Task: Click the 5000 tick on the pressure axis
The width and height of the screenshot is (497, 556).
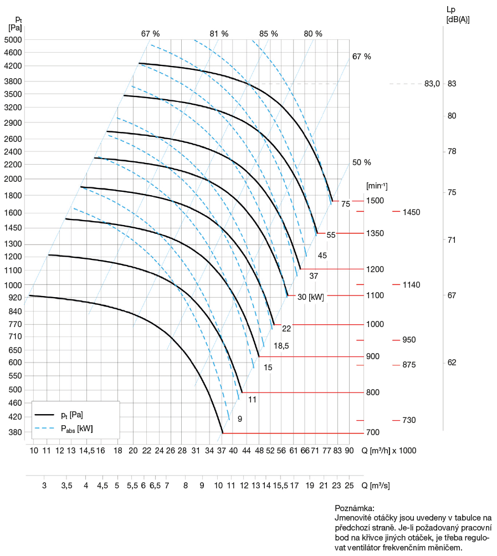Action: (x=12, y=40)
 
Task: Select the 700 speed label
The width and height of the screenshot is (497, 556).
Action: (x=373, y=432)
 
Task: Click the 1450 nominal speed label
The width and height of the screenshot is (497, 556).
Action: (x=412, y=212)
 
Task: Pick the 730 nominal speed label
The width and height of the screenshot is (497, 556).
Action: (x=409, y=420)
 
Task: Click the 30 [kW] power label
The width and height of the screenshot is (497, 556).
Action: (x=310, y=296)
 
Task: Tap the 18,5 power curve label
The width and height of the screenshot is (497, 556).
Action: (x=281, y=346)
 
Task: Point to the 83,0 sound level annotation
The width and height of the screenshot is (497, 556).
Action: (x=432, y=84)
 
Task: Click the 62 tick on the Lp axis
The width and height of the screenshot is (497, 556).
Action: (x=452, y=363)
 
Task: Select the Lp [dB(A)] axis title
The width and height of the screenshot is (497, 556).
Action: (x=457, y=14)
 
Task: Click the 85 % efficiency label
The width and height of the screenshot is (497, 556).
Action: (x=268, y=34)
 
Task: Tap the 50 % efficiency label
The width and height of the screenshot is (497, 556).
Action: (x=362, y=162)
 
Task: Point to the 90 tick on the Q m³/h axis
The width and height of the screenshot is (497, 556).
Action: (x=349, y=450)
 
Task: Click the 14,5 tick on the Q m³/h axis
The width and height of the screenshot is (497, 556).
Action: (x=87, y=450)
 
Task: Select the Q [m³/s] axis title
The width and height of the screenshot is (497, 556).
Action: (x=376, y=486)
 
